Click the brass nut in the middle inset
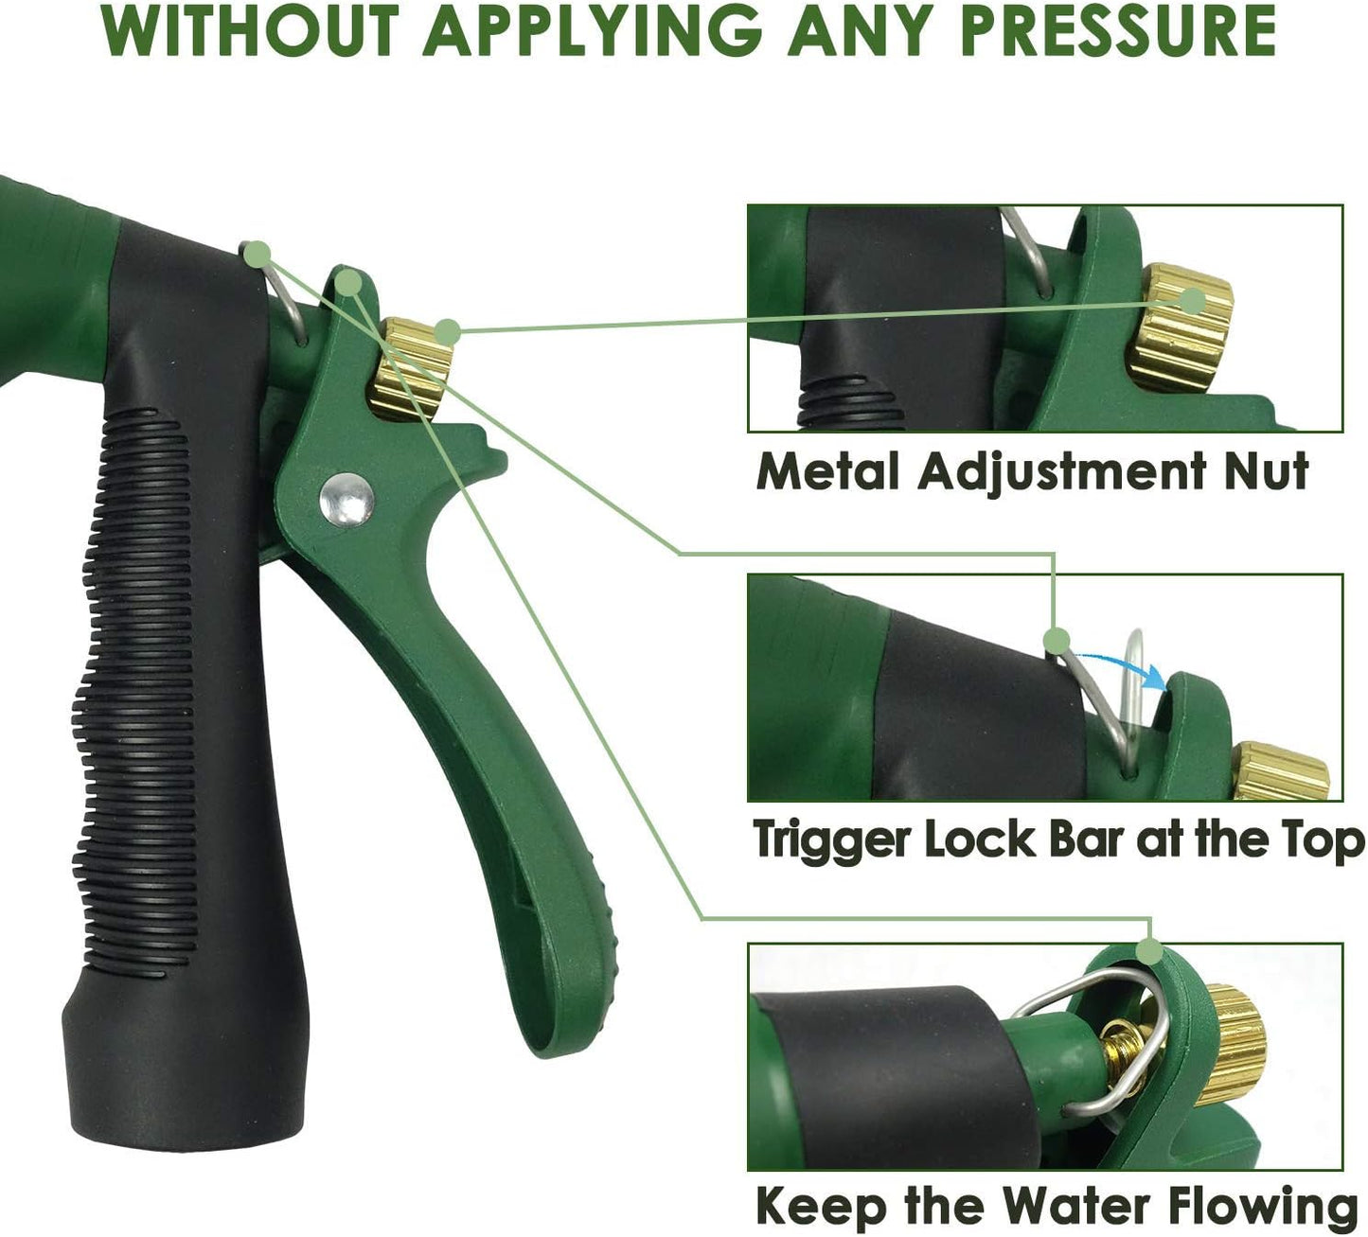pyautogui.click(x=1283, y=771)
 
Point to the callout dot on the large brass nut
pyautogui.click(x=449, y=331)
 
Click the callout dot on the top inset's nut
pyautogui.click(x=1194, y=301)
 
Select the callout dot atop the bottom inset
pyautogui.click(x=1150, y=950)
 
